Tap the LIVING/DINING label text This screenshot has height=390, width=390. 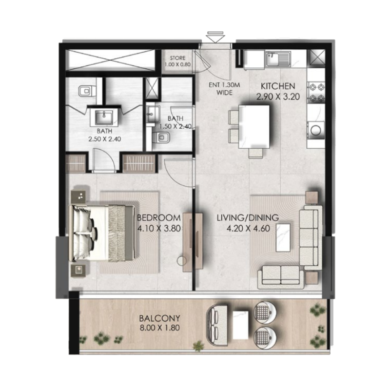(248, 217)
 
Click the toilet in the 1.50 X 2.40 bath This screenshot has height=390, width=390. (162, 140)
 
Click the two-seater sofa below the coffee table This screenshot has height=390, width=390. (281, 275)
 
